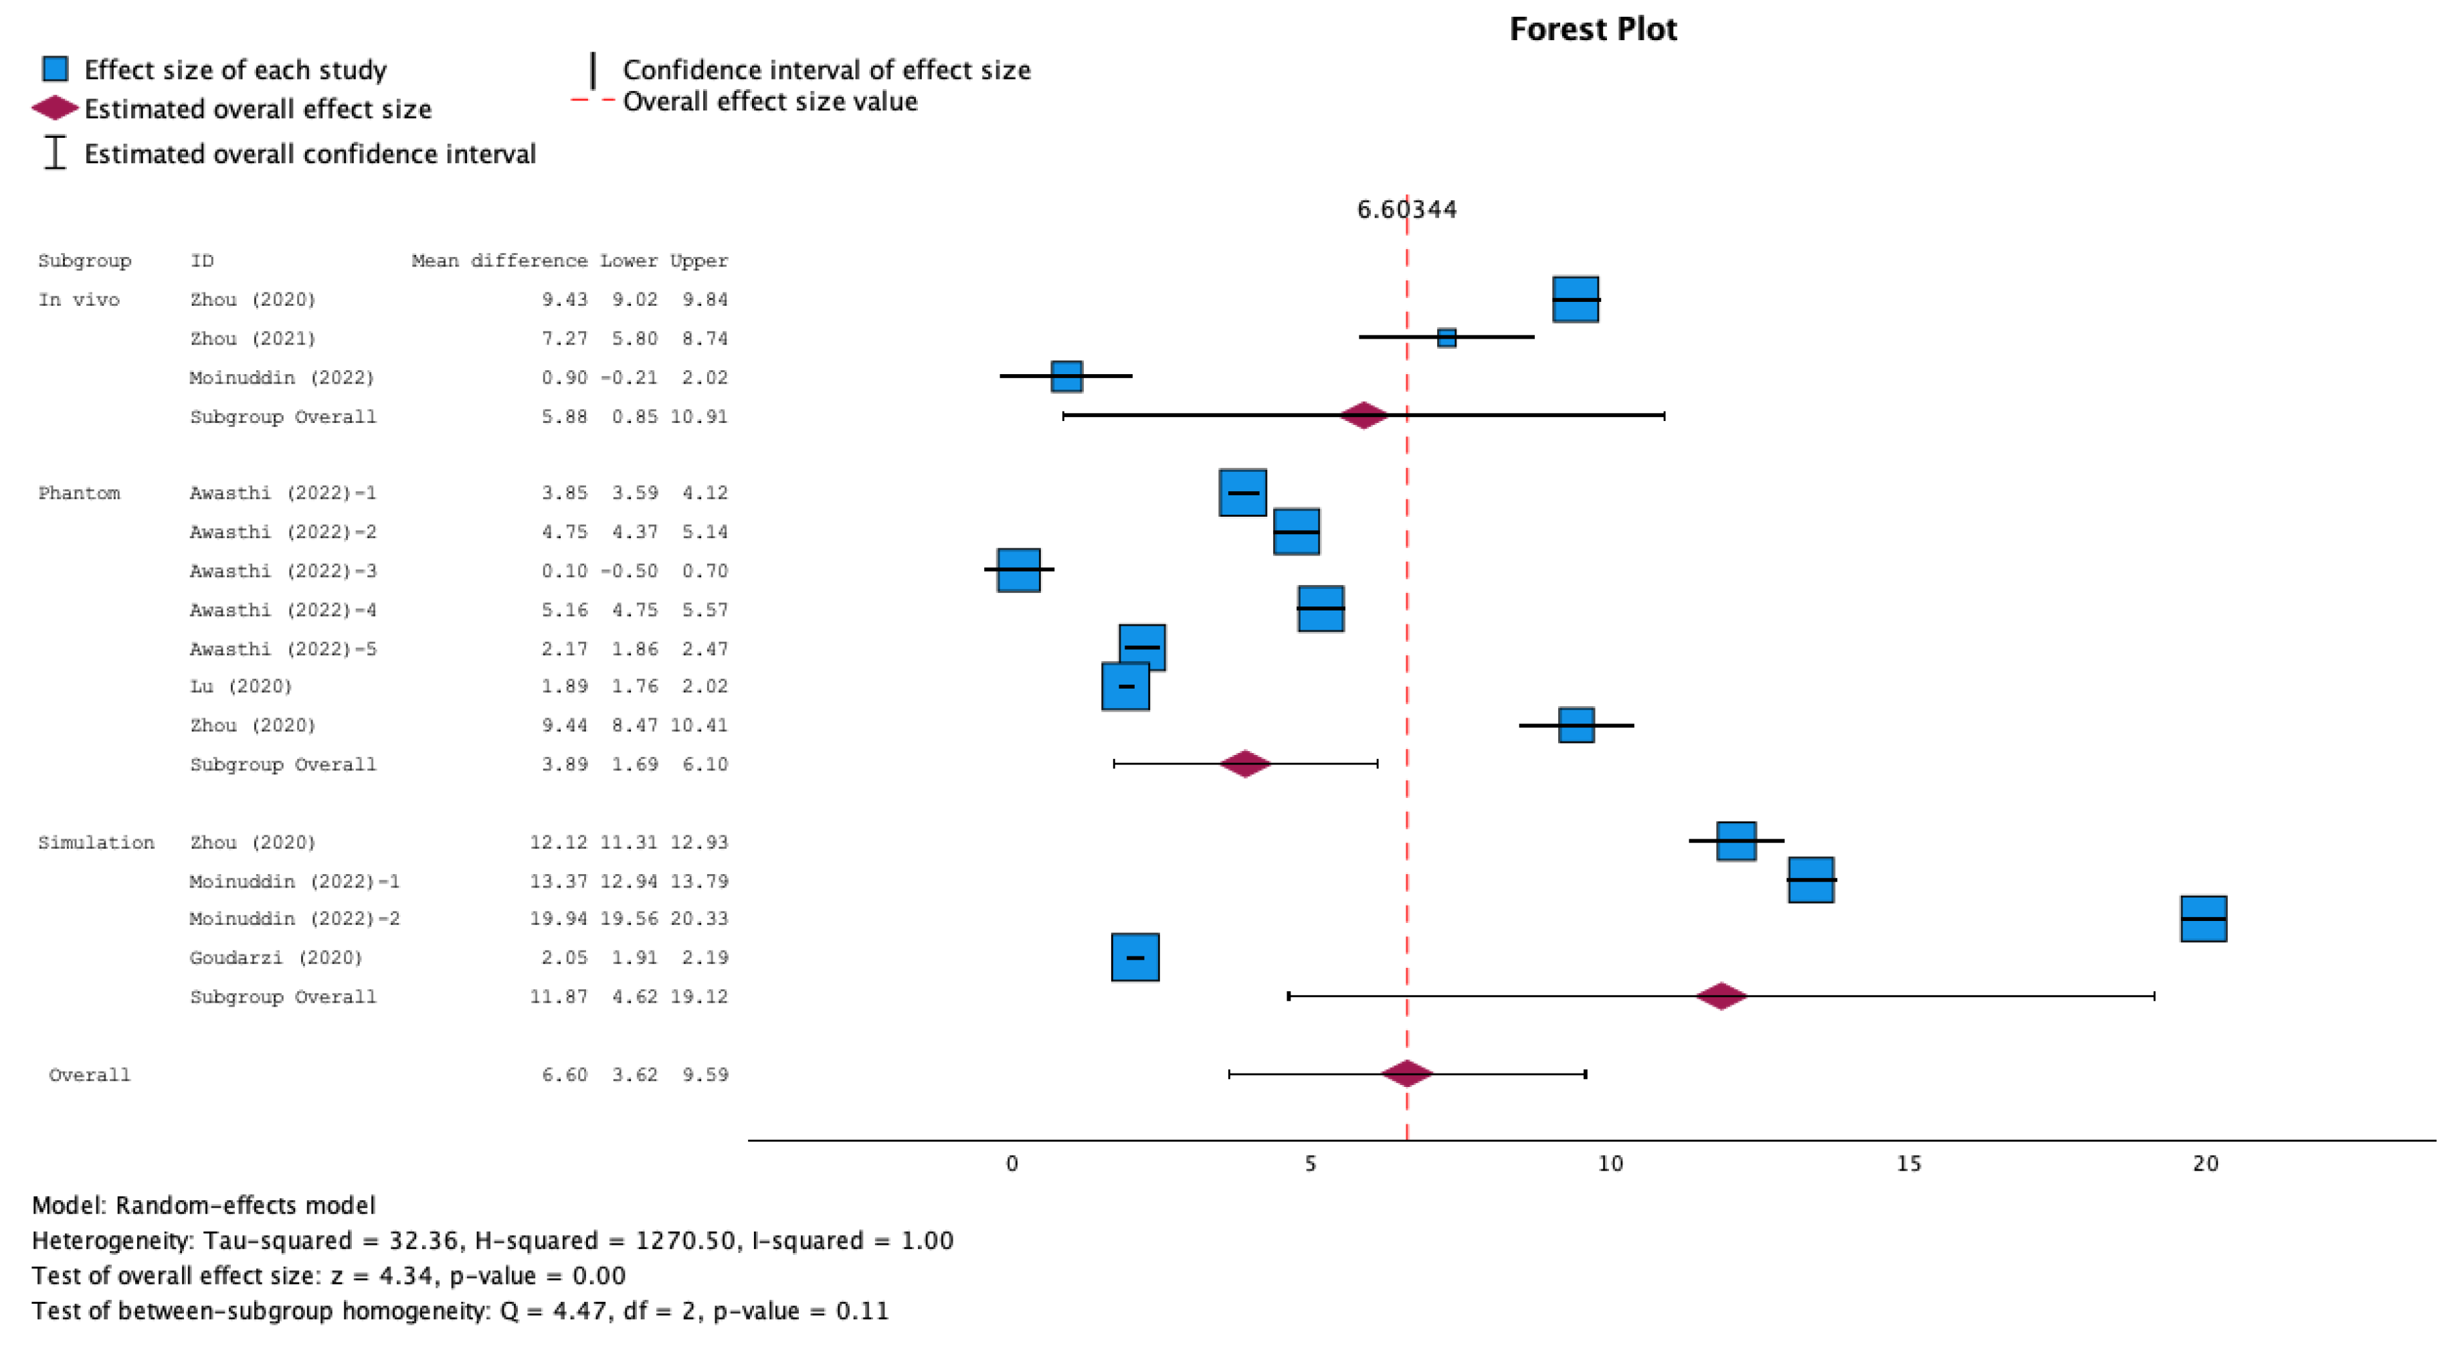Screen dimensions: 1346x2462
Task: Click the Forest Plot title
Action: pyautogui.click(x=1592, y=29)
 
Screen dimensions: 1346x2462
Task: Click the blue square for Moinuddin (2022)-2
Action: pyautogui.click(x=2203, y=919)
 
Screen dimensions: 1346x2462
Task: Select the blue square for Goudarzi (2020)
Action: pyautogui.click(x=1135, y=957)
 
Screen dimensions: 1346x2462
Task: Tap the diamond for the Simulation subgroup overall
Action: pyautogui.click(x=1720, y=996)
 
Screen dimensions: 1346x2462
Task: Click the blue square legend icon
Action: pyautogui.click(x=56, y=69)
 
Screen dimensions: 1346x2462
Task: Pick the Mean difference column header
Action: pyautogui.click(x=499, y=261)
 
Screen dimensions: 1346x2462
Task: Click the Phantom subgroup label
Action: pyautogui.click(x=80, y=493)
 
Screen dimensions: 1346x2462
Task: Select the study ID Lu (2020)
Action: pyautogui.click(x=240, y=686)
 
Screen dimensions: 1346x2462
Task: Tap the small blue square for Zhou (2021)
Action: pyautogui.click(x=1446, y=337)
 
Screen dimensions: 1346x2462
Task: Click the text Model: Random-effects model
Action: pyautogui.click(x=203, y=1205)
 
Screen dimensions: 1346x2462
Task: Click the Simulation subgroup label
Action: pyautogui.click(x=96, y=842)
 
